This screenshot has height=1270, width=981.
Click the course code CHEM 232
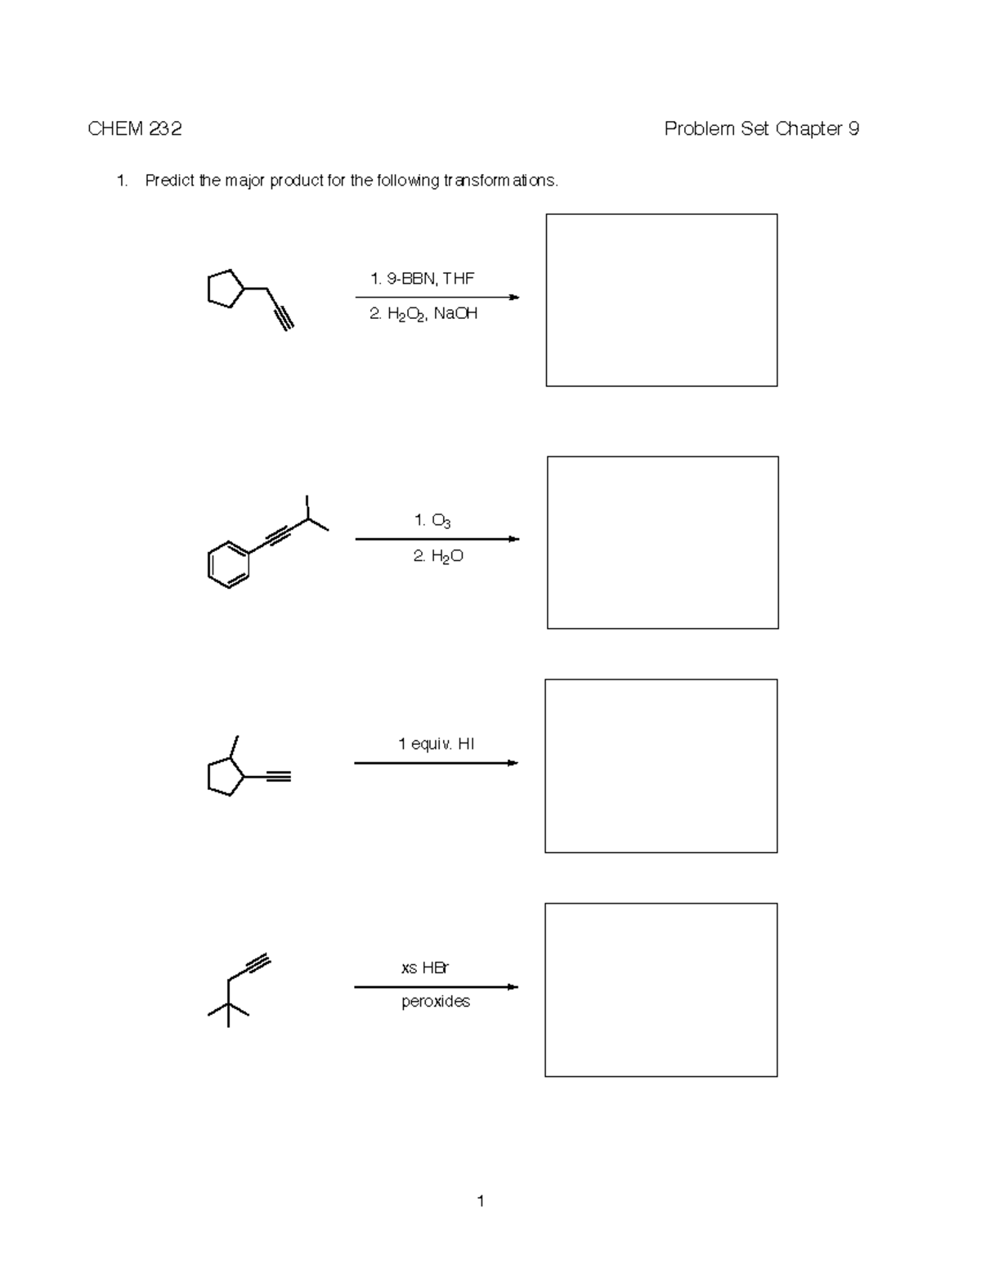tap(135, 128)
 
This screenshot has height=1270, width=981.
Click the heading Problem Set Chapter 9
tap(761, 128)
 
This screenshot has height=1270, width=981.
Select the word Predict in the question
tap(170, 181)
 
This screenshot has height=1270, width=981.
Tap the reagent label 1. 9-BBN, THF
tap(422, 278)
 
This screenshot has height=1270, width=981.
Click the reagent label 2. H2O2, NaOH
tap(423, 314)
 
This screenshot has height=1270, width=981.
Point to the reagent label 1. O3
tap(432, 520)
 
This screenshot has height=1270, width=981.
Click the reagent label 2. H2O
tap(438, 556)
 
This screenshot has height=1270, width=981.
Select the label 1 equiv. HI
tap(436, 743)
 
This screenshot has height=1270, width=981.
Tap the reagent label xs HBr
tap(425, 967)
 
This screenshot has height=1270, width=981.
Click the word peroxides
tap(436, 1002)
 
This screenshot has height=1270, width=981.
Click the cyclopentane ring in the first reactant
tap(225, 289)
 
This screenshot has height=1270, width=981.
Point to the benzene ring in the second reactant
tap(228, 564)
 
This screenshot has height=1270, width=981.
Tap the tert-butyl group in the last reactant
tap(228, 1011)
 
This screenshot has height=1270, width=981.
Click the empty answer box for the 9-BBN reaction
tap(661, 300)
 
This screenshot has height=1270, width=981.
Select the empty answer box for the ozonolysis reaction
tap(662, 542)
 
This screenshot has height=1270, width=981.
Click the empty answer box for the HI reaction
tap(661, 765)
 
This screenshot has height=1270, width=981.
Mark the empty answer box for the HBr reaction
tap(661, 990)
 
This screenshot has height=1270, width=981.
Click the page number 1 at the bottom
tap(481, 1200)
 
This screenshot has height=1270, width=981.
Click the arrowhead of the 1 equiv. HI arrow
tap(513, 763)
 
